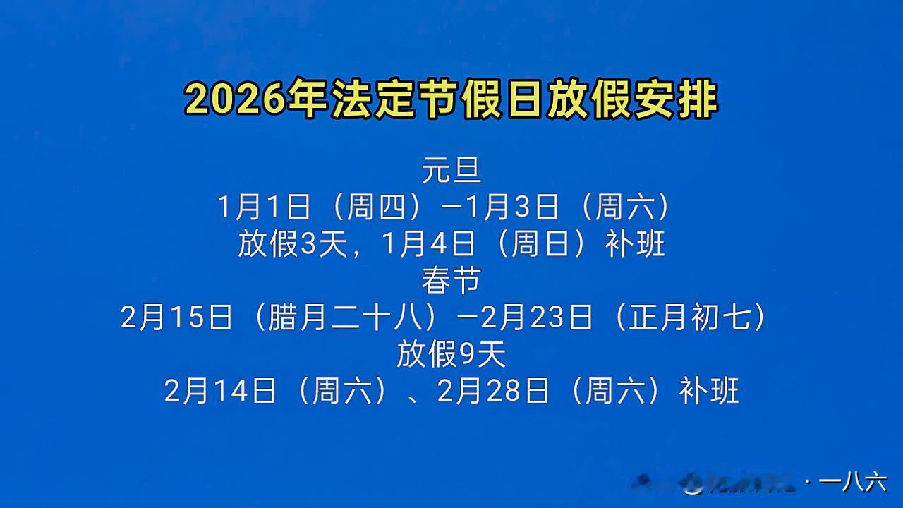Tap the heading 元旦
[451, 170]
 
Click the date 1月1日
[265, 207]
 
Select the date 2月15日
[177, 317]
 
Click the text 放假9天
[451, 354]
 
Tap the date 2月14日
[220, 391]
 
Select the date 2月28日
[493, 391]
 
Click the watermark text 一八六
[854, 483]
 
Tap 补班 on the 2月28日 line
[709, 391]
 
